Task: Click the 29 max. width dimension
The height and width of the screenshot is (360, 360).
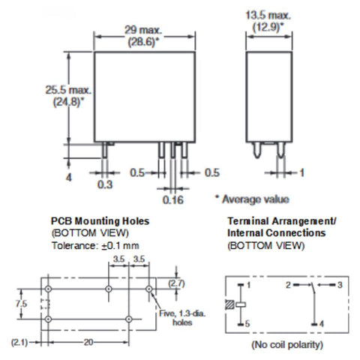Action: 143,30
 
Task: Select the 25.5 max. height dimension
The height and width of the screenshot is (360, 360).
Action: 68,90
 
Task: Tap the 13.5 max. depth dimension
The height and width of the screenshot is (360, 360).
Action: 268,15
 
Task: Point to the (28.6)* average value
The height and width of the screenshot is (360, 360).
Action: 143,42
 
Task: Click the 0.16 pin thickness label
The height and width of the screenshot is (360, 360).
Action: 173,199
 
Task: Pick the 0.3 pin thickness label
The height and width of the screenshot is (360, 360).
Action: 105,184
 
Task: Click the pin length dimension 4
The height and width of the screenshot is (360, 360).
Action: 68,177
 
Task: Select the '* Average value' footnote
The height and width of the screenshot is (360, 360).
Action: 252,199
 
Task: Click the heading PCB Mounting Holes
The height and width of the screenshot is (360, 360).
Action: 100,221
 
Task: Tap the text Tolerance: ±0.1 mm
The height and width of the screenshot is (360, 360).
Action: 95,245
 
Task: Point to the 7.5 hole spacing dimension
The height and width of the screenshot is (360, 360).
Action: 21,304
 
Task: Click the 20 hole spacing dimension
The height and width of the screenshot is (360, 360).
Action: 88,342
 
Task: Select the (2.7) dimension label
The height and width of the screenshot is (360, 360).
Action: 176,283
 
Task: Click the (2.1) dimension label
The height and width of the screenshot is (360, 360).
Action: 19,342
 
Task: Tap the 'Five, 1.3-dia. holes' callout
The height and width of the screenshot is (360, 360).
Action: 182,318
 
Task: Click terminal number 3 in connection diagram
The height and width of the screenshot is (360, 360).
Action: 340,285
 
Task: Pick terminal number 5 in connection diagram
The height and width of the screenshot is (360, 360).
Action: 247,324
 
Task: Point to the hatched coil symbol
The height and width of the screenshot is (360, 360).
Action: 229,304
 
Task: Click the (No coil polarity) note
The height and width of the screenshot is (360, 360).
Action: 287,345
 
